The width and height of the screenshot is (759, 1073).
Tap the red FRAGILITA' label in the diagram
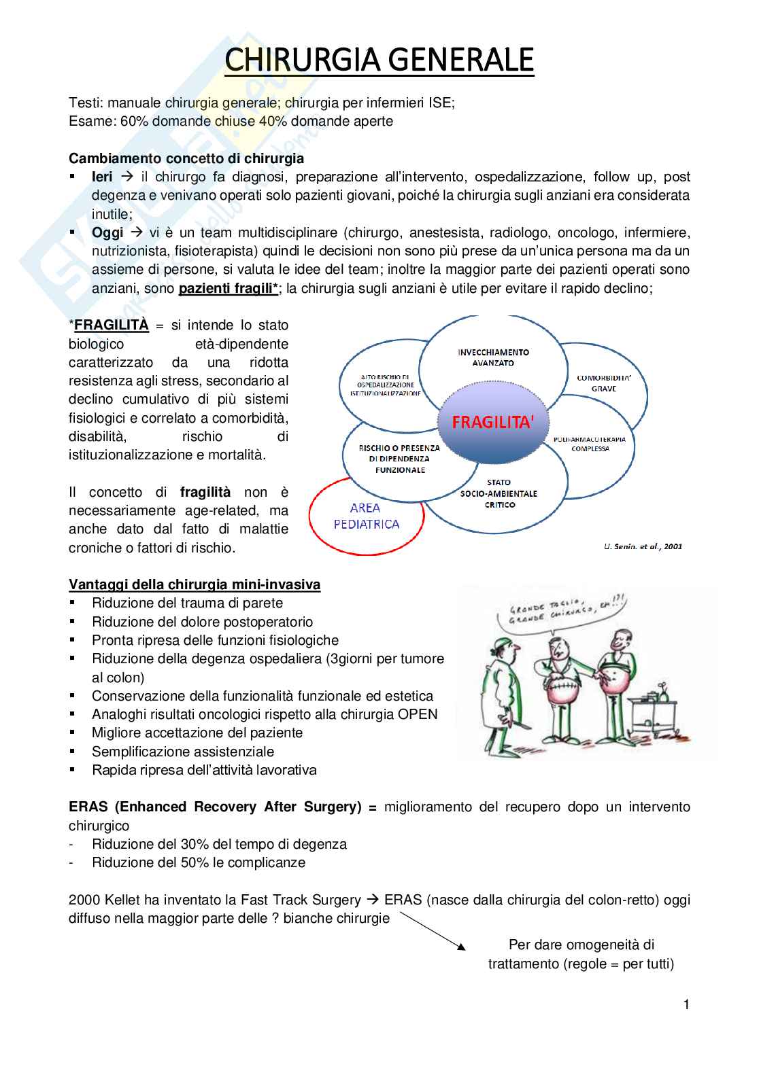tap(493, 422)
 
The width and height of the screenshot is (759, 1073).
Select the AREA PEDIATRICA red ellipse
tap(366, 516)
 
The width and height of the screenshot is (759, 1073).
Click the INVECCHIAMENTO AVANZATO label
tap(493, 357)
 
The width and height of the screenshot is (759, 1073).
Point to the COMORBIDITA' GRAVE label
tap(603, 383)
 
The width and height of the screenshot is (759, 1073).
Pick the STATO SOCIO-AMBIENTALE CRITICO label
tap(499, 494)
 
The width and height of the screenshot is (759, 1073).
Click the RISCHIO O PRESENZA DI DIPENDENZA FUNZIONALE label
tap(400, 459)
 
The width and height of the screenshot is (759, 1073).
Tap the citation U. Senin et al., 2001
tap(642, 546)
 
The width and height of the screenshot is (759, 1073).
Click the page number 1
tap(686, 1004)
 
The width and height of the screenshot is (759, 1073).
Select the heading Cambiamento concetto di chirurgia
tap(186, 158)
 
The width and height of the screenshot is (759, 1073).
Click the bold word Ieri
tap(102, 177)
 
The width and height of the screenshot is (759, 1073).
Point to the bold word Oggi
tap(107, 232)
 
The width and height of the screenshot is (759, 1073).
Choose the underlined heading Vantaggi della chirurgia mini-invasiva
tap(195, 584)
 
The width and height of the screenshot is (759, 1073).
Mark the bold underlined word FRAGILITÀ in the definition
tap(111, 325)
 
